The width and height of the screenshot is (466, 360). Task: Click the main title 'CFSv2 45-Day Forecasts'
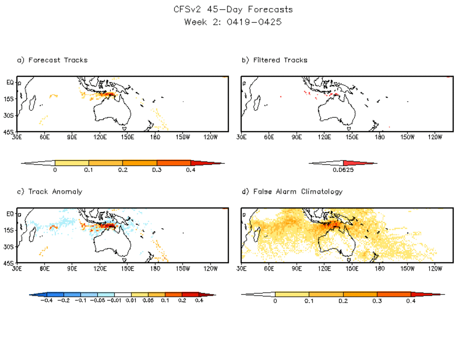(x=233, y=9)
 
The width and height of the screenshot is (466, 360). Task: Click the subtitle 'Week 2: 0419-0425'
(x=233, y=22)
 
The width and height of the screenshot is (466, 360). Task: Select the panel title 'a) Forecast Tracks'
(x=52, y=60)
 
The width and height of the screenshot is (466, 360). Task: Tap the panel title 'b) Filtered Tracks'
(x=275, y=60)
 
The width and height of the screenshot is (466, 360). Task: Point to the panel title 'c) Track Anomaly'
(x=50, y=192)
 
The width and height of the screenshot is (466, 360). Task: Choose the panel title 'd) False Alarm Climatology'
(x=292, y=192)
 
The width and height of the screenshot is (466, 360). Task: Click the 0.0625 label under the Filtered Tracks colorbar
(x=343, y=170)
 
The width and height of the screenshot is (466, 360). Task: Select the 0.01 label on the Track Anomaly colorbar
(x=132, y=300)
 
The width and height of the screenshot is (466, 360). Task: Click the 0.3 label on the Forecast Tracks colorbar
(x=156, y=170)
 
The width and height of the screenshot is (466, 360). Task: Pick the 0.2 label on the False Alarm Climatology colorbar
(x=343, y=301)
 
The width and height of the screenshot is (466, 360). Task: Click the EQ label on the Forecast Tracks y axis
(x=10, y=82)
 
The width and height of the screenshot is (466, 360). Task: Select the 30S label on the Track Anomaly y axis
(x=9, y=247)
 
